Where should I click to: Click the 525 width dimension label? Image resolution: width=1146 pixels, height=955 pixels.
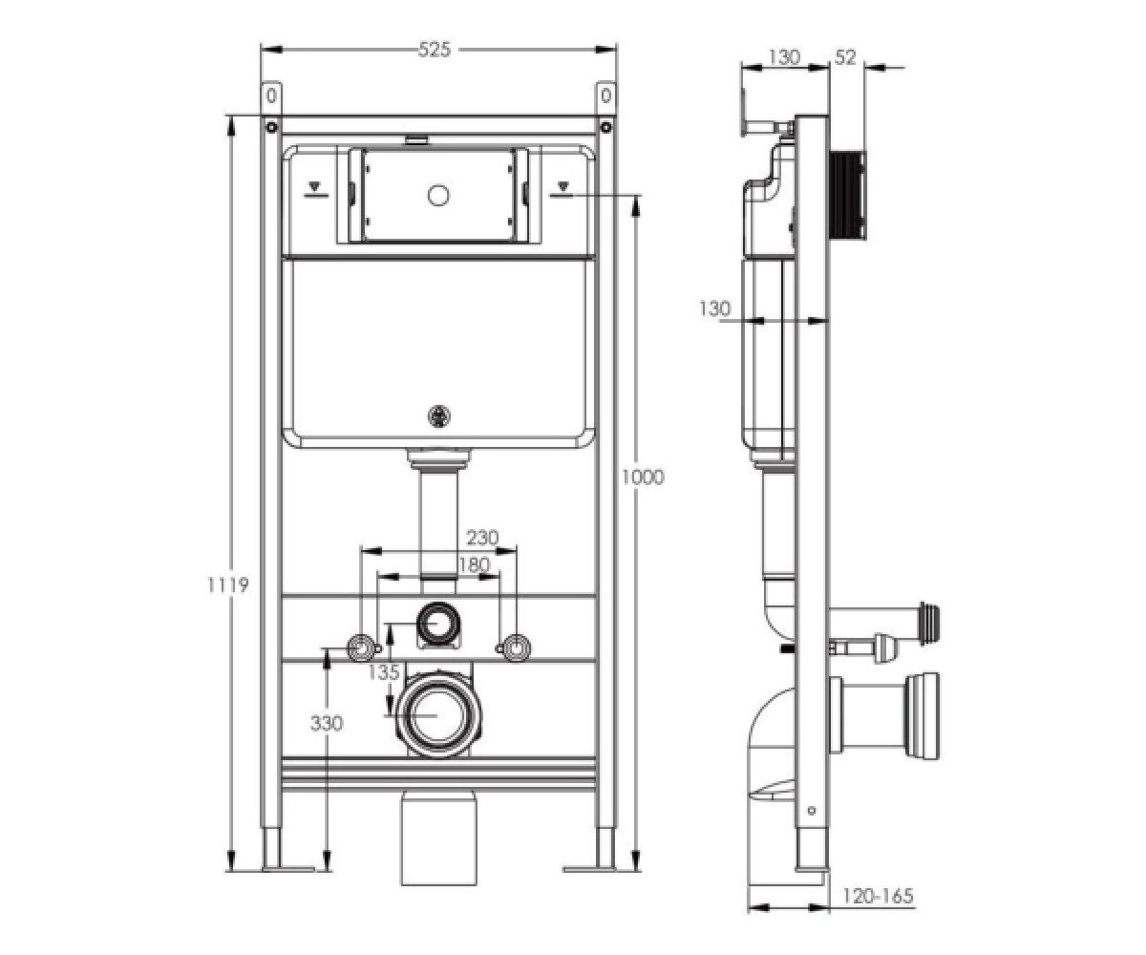pos(435,50)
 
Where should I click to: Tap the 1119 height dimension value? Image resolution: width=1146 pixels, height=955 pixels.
pos(228,585)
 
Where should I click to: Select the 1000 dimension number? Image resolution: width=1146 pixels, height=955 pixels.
pos(643,477)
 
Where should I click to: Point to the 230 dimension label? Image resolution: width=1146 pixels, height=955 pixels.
pos(482,538)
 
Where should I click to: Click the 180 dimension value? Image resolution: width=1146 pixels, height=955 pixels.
pos(473,564)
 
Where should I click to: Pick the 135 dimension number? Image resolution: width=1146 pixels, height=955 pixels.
pos(384,671)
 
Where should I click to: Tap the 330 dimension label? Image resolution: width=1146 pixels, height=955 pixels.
pos(327,723)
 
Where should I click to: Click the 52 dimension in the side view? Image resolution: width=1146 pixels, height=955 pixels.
pos(845,57)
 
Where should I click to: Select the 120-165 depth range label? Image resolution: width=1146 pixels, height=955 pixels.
pos(879,897)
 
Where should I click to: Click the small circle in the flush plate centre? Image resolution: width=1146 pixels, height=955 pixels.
pos(438,195)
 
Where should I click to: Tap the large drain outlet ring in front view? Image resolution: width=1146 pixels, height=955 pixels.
pos(437,715)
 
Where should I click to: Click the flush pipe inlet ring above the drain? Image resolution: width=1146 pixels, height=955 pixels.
pos(438,624)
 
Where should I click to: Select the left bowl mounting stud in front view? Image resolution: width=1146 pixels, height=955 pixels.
pos(361,647)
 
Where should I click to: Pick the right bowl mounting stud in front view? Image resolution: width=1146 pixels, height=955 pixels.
pos(516,647)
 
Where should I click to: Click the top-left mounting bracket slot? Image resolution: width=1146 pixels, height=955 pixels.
pos(271,96)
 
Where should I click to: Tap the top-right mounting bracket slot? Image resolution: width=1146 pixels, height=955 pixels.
pos(605,96)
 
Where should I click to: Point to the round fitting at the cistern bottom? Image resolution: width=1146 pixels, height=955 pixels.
pos(438,416)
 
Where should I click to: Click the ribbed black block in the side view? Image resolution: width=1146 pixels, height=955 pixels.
pos(847,194)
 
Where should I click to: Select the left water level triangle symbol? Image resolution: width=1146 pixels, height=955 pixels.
pos(315,185)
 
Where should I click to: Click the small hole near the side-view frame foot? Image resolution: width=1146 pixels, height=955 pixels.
pos(813,810)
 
